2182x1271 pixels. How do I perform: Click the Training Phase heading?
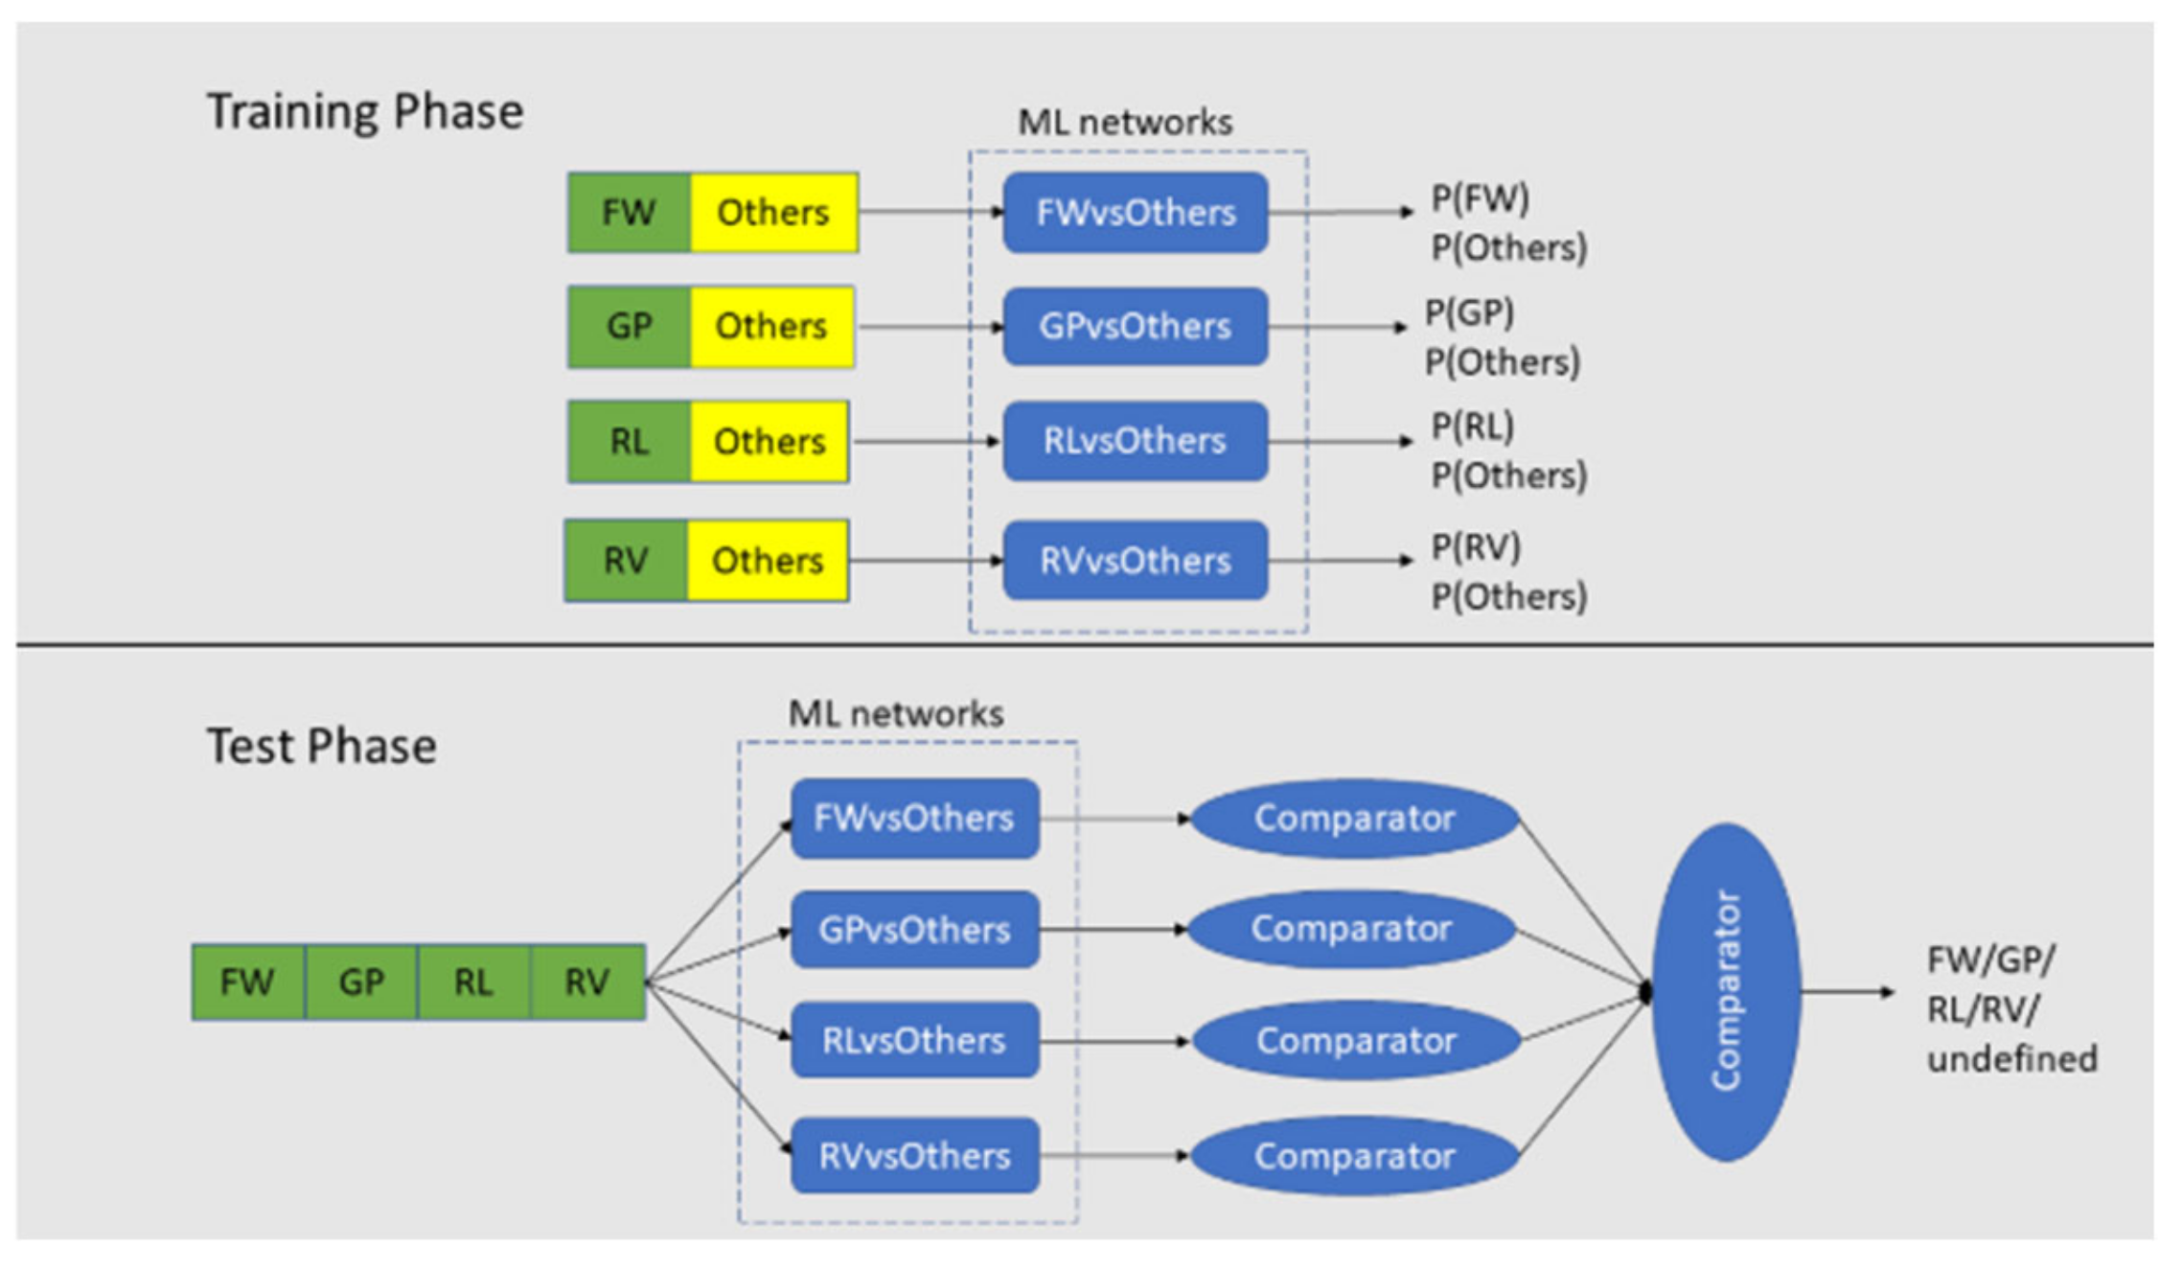(365, 111)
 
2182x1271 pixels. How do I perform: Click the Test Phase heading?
(322, 746)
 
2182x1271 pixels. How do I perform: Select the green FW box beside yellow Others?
(629, 213)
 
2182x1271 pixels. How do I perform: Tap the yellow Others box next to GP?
(771, 327)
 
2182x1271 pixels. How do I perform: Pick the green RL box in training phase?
(629, 442)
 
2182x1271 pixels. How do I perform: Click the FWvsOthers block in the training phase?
(1136, 213)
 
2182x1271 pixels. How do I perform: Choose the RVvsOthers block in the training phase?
(1136, 561)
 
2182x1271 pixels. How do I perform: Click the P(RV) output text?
(1476, 547)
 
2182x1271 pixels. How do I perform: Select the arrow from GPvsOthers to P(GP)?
(1337, 327)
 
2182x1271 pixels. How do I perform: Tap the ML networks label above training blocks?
(1125, 123)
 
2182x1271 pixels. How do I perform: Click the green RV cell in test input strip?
(586, 982)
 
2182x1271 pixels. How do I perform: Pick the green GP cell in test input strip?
(361, 982)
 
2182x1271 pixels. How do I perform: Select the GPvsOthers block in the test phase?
(914, 930)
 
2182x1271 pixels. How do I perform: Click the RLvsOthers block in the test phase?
(914, 1041)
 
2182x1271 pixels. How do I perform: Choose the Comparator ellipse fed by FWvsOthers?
(1354, 819)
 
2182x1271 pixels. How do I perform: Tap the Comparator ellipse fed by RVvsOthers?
(1354, 1156)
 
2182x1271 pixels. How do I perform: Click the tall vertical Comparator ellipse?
(1726, 992)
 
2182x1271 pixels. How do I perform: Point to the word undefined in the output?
(2012, 1059)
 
